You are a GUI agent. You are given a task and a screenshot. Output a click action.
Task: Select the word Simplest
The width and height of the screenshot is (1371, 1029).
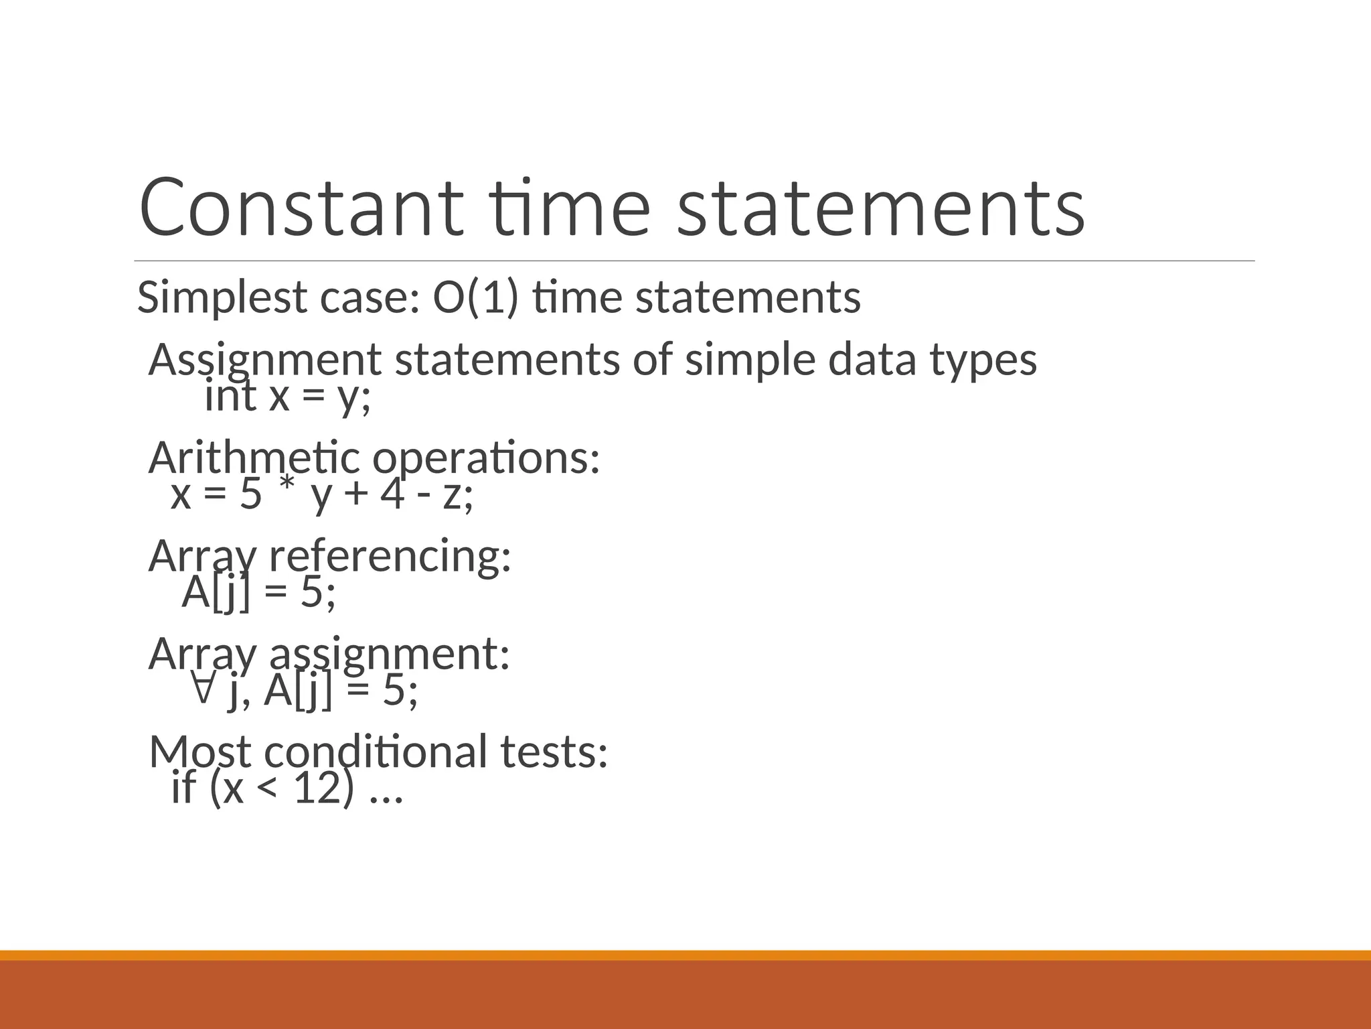coord(222,298)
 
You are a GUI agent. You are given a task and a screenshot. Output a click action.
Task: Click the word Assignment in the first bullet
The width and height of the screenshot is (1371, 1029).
coord(264,360)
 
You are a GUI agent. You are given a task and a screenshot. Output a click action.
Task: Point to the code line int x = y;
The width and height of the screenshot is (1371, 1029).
coord(287,396)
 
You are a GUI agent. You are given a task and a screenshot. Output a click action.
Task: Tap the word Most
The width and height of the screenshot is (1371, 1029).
coord(199,752)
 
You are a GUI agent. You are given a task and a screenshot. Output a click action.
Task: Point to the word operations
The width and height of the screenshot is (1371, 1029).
coord(485,460)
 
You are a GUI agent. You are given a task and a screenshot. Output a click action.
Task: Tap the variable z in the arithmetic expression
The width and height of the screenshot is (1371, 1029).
coord(453,496)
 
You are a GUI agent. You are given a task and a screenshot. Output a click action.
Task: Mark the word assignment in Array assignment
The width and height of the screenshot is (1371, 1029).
coord(390,655)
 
